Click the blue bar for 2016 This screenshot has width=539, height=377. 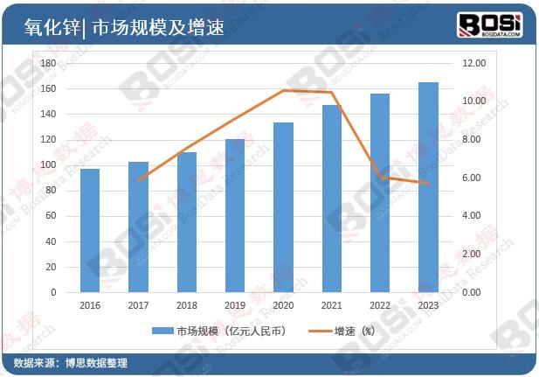click(90, 230)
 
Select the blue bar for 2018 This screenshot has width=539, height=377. click(187, 222)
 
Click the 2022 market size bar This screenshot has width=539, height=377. click(380, 192)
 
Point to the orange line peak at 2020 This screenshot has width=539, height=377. click(283, 90)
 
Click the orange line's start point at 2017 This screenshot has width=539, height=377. click(138, 180)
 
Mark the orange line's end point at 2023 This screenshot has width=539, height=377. click(428, 184)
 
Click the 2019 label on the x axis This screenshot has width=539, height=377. click(235, 305)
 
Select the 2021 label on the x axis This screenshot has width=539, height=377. click(332, 305)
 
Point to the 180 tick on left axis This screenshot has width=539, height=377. click(48, 64)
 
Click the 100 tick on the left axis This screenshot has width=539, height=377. click(48, 165)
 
